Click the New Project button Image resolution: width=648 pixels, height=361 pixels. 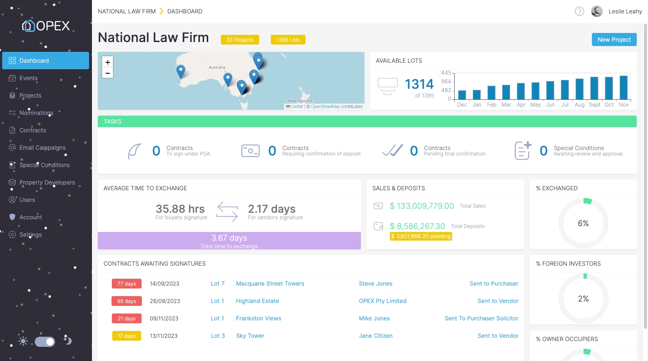click(x=614, y=40)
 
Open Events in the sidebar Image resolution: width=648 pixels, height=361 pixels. click(x=28, y=78)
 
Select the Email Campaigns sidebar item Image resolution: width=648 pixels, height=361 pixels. click(x=42, y=148)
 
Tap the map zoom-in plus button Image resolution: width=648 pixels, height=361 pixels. click(x=108, y=62)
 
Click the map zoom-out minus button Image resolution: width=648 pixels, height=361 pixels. click(x=108, y=73)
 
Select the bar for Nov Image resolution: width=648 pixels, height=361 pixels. click(x=623, y=88)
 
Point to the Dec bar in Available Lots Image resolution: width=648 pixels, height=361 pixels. click(x=462, y=95)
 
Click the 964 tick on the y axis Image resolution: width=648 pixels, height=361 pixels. click(x=446, y=82)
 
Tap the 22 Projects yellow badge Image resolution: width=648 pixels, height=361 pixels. click(x=240, y=40)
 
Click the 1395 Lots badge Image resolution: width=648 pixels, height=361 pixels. click(x=288, y=40)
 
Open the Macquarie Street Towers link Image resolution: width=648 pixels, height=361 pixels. click(x=270, y=283)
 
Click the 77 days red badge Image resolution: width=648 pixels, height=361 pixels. click(x=126, y=284)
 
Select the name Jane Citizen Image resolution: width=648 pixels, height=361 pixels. click(x=375, y=336)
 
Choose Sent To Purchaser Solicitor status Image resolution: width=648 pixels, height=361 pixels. click(x=481, y=318)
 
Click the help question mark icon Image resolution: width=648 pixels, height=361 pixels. click(x=579, y=12)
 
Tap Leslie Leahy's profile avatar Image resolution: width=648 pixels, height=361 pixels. click(x=597, y=12)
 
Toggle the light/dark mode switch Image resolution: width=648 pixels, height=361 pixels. click(x=45, y=341)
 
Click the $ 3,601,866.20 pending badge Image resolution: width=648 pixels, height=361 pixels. click(x=421, y=236)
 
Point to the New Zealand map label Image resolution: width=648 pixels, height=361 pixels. click(x=299, y=101)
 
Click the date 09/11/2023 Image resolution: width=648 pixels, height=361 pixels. click(x=164, y=318)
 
